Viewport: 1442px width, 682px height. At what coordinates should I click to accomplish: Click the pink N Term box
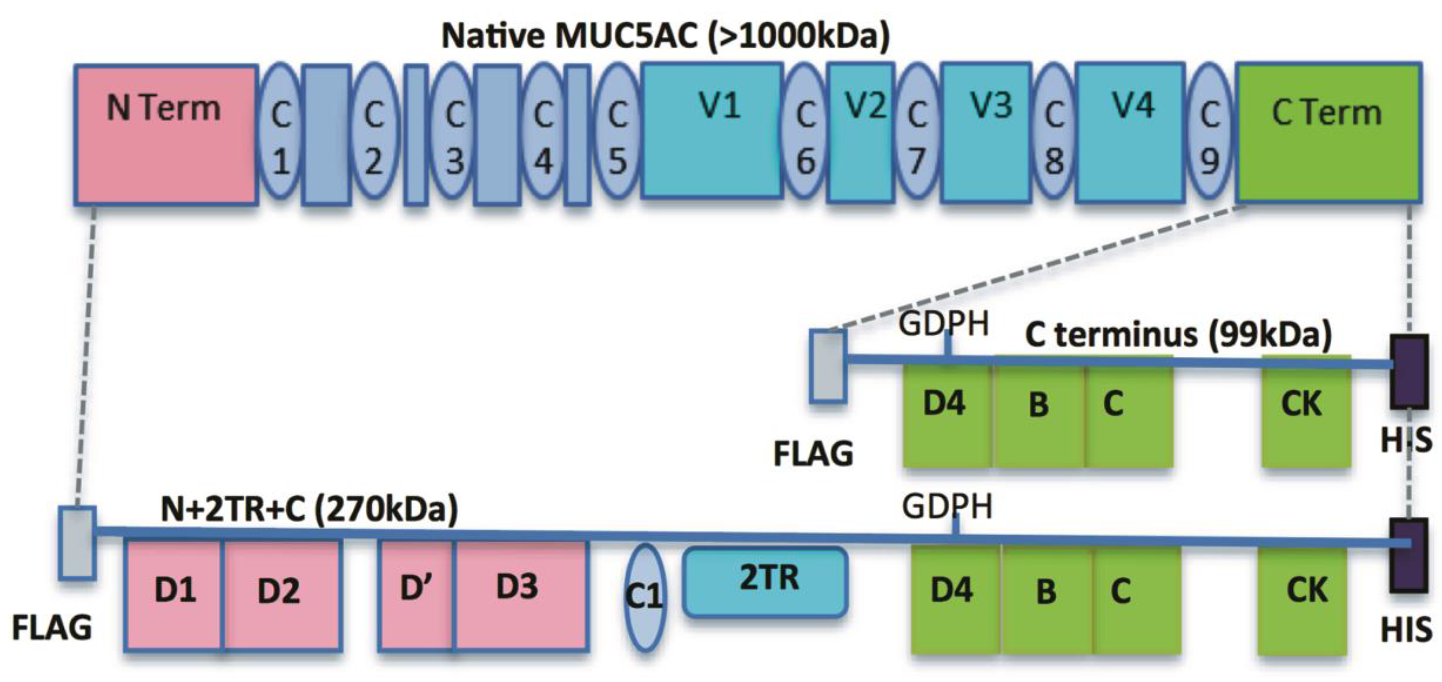(166, 134)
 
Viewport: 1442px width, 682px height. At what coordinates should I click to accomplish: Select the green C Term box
(1328, 132)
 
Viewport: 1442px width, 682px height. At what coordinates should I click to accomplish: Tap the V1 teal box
(711, 131)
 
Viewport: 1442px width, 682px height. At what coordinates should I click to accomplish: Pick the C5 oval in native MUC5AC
(617, 131)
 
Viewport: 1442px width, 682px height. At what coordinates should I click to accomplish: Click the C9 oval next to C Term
(1209, 131)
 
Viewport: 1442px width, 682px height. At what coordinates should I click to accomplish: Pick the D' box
(416, 595)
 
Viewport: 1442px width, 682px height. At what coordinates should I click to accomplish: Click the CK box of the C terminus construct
(1306, 411)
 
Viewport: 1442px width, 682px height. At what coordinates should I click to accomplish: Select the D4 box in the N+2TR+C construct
(955, 599)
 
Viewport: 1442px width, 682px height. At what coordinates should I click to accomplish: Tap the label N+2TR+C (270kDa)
(309, 509)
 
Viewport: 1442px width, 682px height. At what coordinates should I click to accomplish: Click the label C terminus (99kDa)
(1178, 335)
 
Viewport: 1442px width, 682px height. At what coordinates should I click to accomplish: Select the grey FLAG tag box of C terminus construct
(827, 366)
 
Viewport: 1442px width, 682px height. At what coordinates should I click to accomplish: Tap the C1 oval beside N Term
(280, 131)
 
